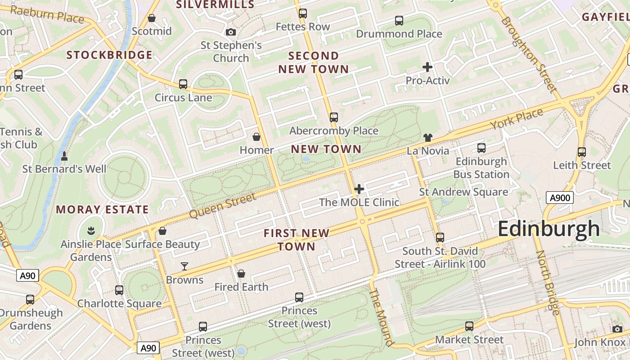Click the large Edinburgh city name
pyautogui.click(x=549, y=229)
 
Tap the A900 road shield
pyautogui.click(x=560, y=198)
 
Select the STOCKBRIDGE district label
pyautogui.click(x=109, y=55)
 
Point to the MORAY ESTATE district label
pyautogui.click(x=102, y=210)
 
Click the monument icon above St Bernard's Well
pyautogui.click(x=64, y=156)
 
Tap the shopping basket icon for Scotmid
pyautogui.click(x=152, y=18)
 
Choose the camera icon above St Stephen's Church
pyautogui.click(x=231, y=32)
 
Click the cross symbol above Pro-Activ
pyautogui.click(x=427, y=67)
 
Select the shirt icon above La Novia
pyautogui.click(x=427, y=138)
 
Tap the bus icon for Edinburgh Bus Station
pyautogui.click(x=481, y=148)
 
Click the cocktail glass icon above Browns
pyautogui.click(x=184, y=266)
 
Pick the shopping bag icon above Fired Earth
pyautogui.click(x=241, y=274)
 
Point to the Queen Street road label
pyautogui.click(x=223, y=206)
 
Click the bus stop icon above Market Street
pyautogui.click(x=469, y=326)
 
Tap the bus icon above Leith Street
pyautogui.click(x=582, y=152)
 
